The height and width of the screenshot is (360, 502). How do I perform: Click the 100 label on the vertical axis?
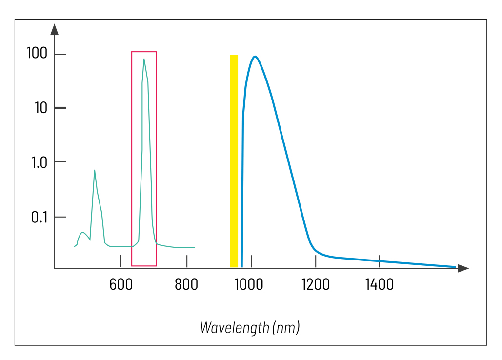37,53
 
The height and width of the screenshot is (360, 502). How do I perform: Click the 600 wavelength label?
120,284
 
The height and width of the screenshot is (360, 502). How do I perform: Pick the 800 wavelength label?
186,284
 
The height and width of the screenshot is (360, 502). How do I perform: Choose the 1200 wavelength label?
315,284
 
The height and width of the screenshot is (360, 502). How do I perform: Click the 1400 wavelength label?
379,284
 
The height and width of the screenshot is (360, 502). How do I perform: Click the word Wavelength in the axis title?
235,327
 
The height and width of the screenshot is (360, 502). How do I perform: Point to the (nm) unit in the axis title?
286,327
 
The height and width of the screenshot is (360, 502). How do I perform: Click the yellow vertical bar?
234,161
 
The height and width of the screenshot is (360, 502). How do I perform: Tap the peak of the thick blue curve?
255,57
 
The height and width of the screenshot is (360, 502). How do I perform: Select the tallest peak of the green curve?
144,59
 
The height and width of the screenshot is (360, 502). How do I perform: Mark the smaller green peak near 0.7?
94,170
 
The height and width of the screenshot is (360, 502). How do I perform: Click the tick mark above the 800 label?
187,261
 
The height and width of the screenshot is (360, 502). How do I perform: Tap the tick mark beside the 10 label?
60,108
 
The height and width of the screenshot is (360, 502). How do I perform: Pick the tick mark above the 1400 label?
379,261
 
